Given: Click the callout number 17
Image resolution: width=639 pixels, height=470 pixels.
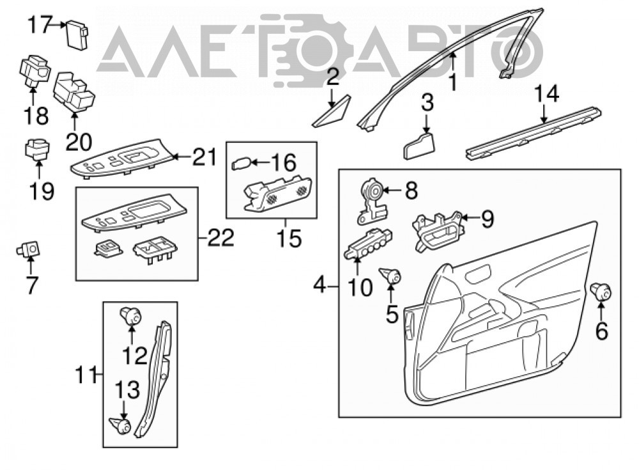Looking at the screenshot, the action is click(40, 25).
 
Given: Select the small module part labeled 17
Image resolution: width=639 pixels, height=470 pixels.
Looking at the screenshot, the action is click(77, 34).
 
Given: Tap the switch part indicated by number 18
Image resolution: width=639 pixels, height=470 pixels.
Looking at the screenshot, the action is click(35, 70).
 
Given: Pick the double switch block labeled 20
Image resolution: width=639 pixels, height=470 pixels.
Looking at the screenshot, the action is click(73, 92).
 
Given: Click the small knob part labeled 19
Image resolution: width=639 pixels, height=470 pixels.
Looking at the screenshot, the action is click(38, 150).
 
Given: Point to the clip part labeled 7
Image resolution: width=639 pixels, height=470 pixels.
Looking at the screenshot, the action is click(29, 249).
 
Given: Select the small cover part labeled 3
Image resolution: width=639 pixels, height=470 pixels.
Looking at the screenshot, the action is click(419, 146).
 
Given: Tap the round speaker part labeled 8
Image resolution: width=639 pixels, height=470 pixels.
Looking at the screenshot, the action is click(371, 201).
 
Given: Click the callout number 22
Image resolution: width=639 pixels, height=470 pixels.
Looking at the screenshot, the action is click(221, 238).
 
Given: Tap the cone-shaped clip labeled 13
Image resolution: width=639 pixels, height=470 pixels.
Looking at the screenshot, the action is click(121, 425).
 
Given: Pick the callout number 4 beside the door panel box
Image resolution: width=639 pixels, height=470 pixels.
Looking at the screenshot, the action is click(320, 286).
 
